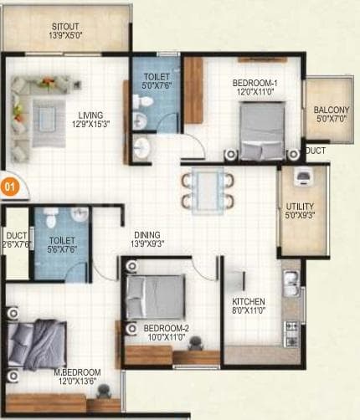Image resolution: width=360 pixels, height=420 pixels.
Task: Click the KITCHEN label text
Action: pos(249,301)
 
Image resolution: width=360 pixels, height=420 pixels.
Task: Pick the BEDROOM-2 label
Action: pos(165,328)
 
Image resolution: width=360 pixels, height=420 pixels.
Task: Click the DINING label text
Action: pos(147,235)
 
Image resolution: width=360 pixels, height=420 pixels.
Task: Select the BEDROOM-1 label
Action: pos(255,83)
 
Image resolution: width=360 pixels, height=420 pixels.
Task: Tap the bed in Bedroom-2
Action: pos(155,295)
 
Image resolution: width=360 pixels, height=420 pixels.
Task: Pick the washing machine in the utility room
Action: pos(304,176)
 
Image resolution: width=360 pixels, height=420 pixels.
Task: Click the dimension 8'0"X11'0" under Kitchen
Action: pos(249,311)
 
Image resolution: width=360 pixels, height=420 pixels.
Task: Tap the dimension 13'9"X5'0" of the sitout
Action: pos(63,36)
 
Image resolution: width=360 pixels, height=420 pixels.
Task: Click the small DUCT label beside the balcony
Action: pos(316,151)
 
